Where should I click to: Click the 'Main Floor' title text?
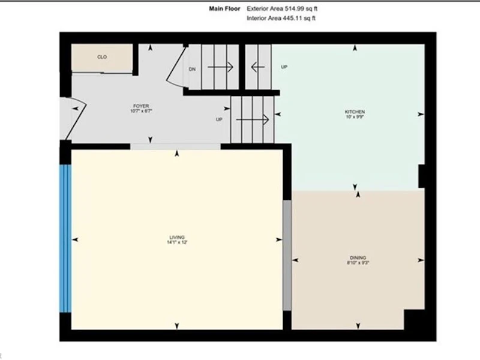[224, 8]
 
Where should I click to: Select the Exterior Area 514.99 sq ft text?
[282, 8]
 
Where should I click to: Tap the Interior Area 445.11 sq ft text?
[281, 18]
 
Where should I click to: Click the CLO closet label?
[102, 57]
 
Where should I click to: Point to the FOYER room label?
[141, 106]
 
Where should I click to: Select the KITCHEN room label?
[355, 112]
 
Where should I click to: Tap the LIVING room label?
[177, 237]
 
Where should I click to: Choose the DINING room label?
[358, 258]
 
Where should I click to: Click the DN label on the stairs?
[192, 69]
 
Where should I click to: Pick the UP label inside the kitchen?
[284, 67]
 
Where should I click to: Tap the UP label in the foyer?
[219, 119]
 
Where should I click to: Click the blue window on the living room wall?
[65, 238]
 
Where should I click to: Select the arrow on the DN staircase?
[220, 67]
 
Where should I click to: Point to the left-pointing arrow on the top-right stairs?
[258, 67]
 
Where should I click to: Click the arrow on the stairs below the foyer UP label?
[253, 119]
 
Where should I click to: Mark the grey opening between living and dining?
[287, 256]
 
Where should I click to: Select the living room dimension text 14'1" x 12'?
[177, 242]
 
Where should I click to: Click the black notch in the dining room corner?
[415, 320]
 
